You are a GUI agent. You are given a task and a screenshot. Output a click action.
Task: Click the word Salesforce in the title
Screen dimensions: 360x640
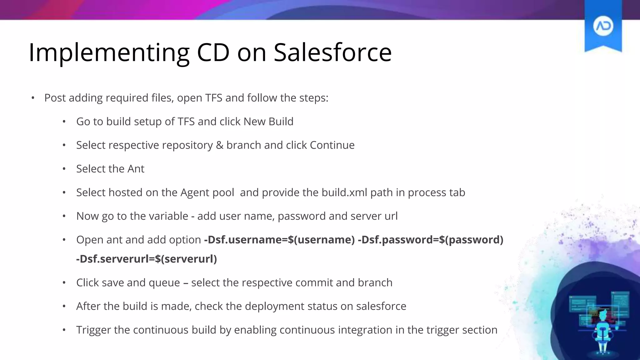[x=332, y=52]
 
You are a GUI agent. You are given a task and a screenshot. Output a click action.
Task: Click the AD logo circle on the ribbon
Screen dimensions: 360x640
[x=603, y=26]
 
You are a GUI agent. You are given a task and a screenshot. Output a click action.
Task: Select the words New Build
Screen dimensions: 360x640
[x=268, y=122]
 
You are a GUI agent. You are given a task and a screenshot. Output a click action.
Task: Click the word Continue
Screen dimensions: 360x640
[x=332, y=145]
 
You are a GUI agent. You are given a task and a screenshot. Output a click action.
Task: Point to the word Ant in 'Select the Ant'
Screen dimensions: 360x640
[x=136, y=169]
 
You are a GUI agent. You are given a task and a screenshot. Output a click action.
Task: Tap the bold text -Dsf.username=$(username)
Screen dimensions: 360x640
[x=279, y=240]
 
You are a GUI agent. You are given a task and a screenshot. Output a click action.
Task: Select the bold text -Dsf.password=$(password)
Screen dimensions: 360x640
[x=430, y=240]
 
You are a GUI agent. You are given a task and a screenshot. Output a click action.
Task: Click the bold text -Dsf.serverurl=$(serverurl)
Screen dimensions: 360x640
[x=147, y=259]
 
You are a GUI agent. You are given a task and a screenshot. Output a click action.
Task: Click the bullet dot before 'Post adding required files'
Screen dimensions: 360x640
[x=33, y=98]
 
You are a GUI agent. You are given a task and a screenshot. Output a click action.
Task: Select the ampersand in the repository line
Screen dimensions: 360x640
[x=219, y=145]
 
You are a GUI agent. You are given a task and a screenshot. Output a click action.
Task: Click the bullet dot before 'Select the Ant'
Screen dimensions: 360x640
[x=64, y=169]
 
